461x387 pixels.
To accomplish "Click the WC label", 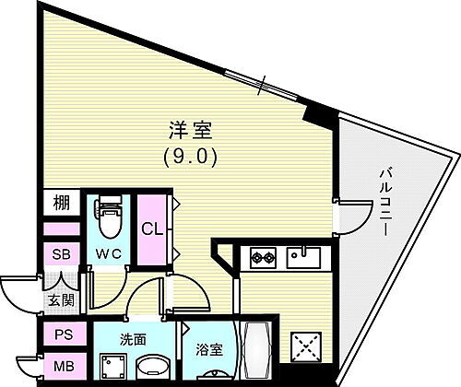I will (x=111, y=252).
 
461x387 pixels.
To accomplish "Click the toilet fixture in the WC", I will (x=110, y=217).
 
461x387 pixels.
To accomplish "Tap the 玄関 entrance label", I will (x=60, y=300).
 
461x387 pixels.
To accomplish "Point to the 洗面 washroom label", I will (x=132, y=338).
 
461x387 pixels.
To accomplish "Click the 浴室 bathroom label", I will (x=208, y=351).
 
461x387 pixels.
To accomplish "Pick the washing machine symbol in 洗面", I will (x=113, y=366).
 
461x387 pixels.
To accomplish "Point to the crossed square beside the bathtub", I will (x=305, y=349).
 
